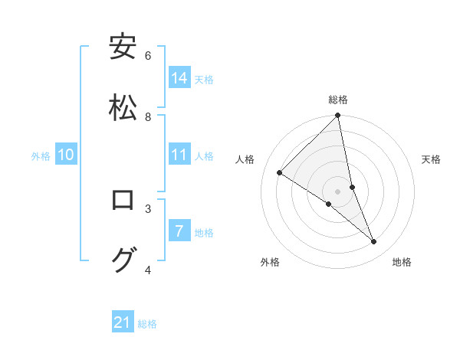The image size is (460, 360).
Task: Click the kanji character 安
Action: coord(123,47)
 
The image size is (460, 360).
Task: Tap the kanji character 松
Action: coord(123,107)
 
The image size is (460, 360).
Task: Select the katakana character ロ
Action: coord(123,200)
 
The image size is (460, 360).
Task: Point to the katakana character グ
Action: coord(123,260)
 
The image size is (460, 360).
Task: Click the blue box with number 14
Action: coord(179,77)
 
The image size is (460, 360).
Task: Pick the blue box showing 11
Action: coord(179,155)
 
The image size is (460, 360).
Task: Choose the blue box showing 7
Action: coord(179,231)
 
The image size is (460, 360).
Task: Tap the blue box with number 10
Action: coord(66,155)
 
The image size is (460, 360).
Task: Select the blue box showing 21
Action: coord(123,322)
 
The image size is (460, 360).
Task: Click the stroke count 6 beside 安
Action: coord(148,56)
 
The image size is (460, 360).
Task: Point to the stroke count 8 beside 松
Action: coord(148,117)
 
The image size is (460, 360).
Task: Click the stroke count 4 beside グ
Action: coord(148,270)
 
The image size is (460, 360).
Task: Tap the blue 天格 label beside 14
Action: coord(204,79)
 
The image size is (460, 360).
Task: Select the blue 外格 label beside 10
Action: coord(41,156)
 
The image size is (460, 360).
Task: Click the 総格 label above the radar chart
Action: coord(338,100)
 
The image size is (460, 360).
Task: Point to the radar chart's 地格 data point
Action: coord(374,242)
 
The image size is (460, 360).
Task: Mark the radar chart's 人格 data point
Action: coord(280,172)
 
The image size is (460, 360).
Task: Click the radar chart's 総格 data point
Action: coord(338,116)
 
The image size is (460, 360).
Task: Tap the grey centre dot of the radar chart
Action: coord(338,191)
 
